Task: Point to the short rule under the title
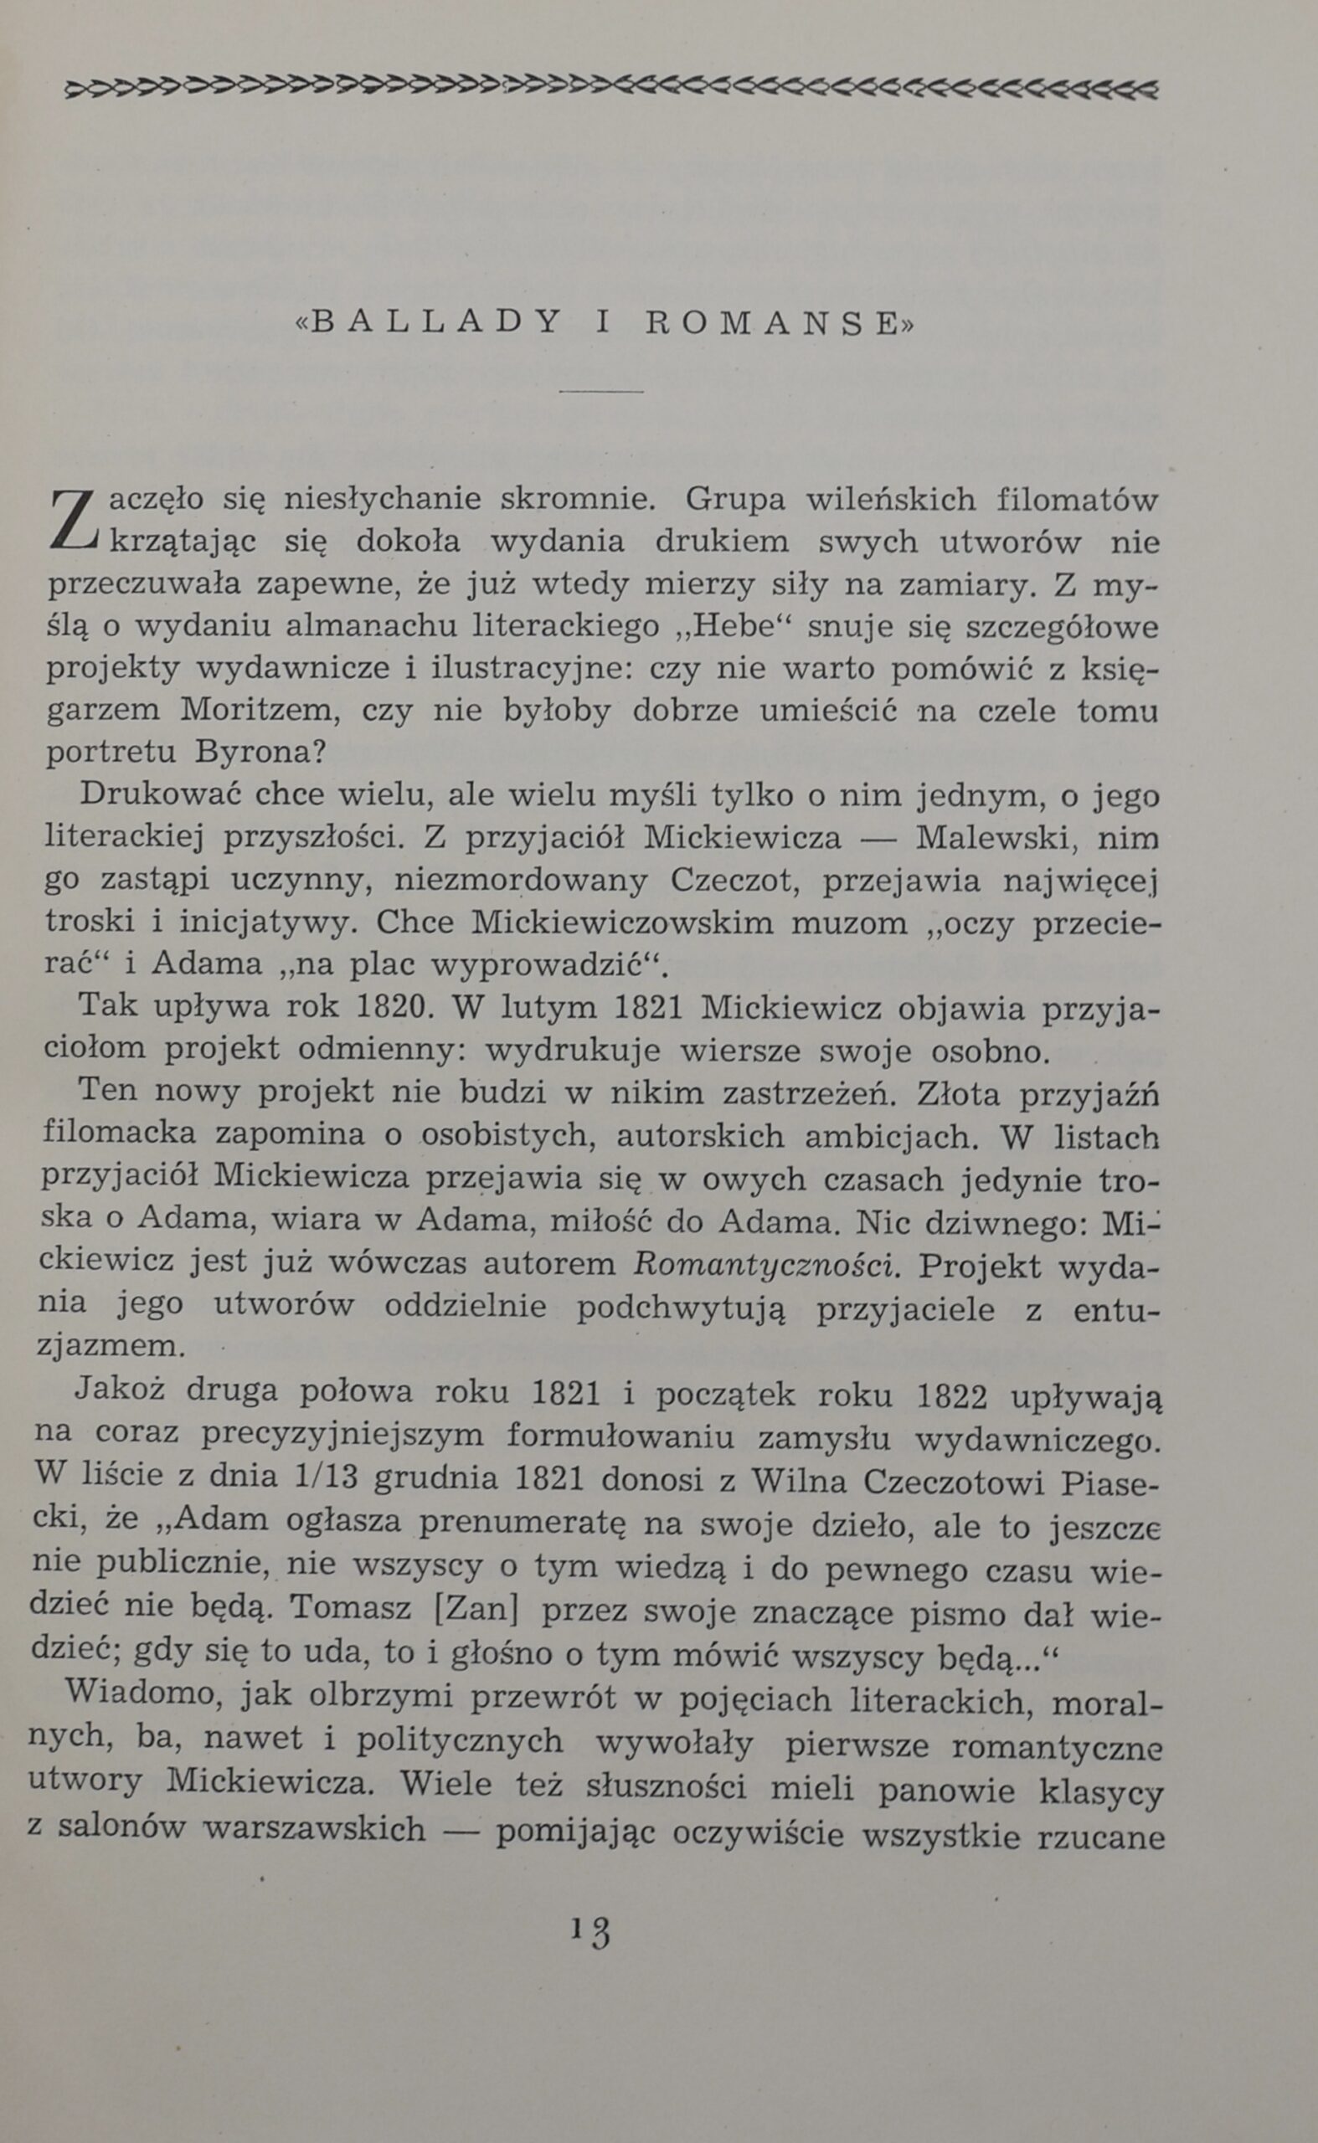600,392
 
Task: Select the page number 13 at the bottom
592,1931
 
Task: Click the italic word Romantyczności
766,1264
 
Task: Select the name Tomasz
349,1606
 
